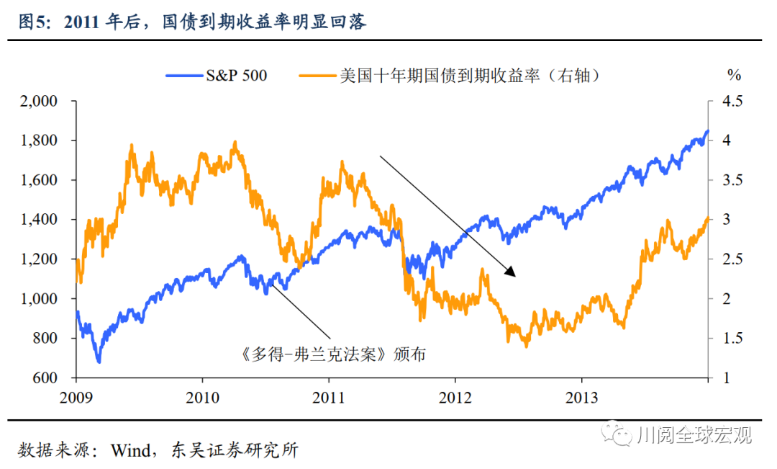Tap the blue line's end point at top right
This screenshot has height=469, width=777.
[707, 131]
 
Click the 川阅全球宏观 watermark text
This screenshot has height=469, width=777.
[694, 434]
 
